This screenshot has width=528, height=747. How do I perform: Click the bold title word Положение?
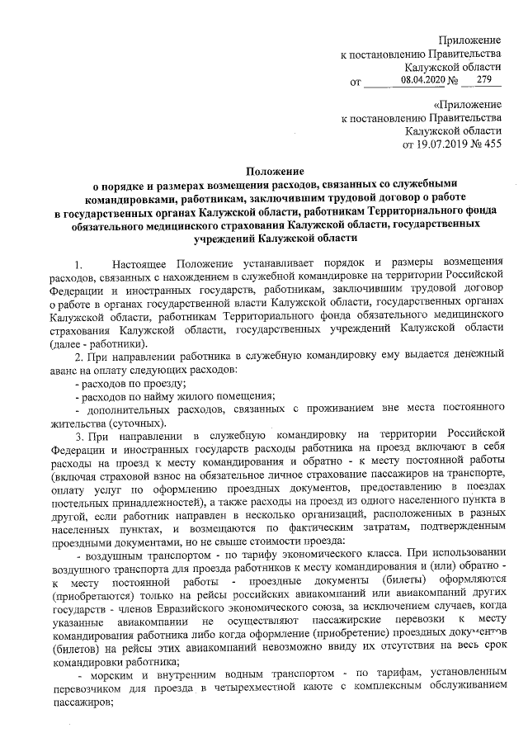pyautogui.click(x=264, y=171)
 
